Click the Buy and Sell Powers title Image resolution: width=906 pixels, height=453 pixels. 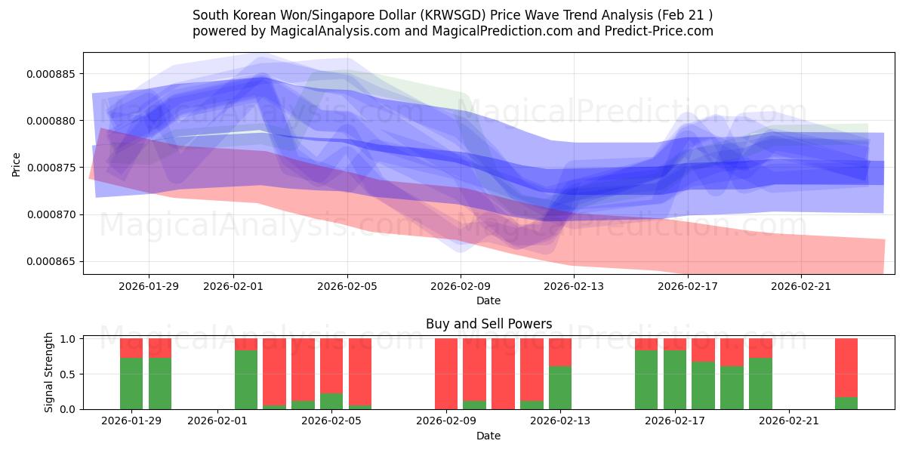488,324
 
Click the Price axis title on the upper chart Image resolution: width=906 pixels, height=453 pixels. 16,164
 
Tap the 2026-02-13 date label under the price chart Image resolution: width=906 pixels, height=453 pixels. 574,285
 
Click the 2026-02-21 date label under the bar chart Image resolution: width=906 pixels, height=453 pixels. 788,421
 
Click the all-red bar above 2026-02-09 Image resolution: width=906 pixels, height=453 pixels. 445,374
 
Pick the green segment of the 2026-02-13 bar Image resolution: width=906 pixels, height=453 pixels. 560,387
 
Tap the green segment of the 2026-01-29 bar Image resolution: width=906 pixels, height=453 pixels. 131,384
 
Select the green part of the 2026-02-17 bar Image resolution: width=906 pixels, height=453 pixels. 674,380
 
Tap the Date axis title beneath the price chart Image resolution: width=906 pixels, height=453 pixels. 488,300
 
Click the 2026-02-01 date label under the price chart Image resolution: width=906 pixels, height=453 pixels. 233,285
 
